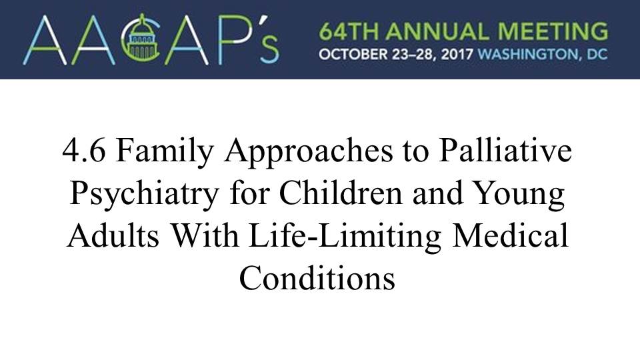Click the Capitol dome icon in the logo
tap(141, 39)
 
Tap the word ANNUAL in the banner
tap(438, 31)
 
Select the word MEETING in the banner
tap(553, 31)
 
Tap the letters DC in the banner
tap(597, 54)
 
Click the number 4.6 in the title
tap(84, 151)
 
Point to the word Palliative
tap(505, 150)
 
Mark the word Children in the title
tap(341, 193)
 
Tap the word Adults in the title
tap(113, 236)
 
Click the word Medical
tap(510, 236)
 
